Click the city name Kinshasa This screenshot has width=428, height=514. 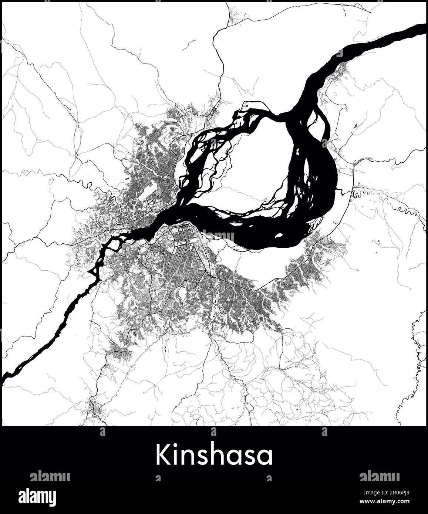point(214,455)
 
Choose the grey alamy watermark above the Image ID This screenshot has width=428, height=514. point(379,476)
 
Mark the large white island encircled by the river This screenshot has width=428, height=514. point(259,166)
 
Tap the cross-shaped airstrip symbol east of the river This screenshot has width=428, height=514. point(355,126)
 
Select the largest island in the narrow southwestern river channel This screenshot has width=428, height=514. point(115,244)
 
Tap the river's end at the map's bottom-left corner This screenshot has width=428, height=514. point(4,379)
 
